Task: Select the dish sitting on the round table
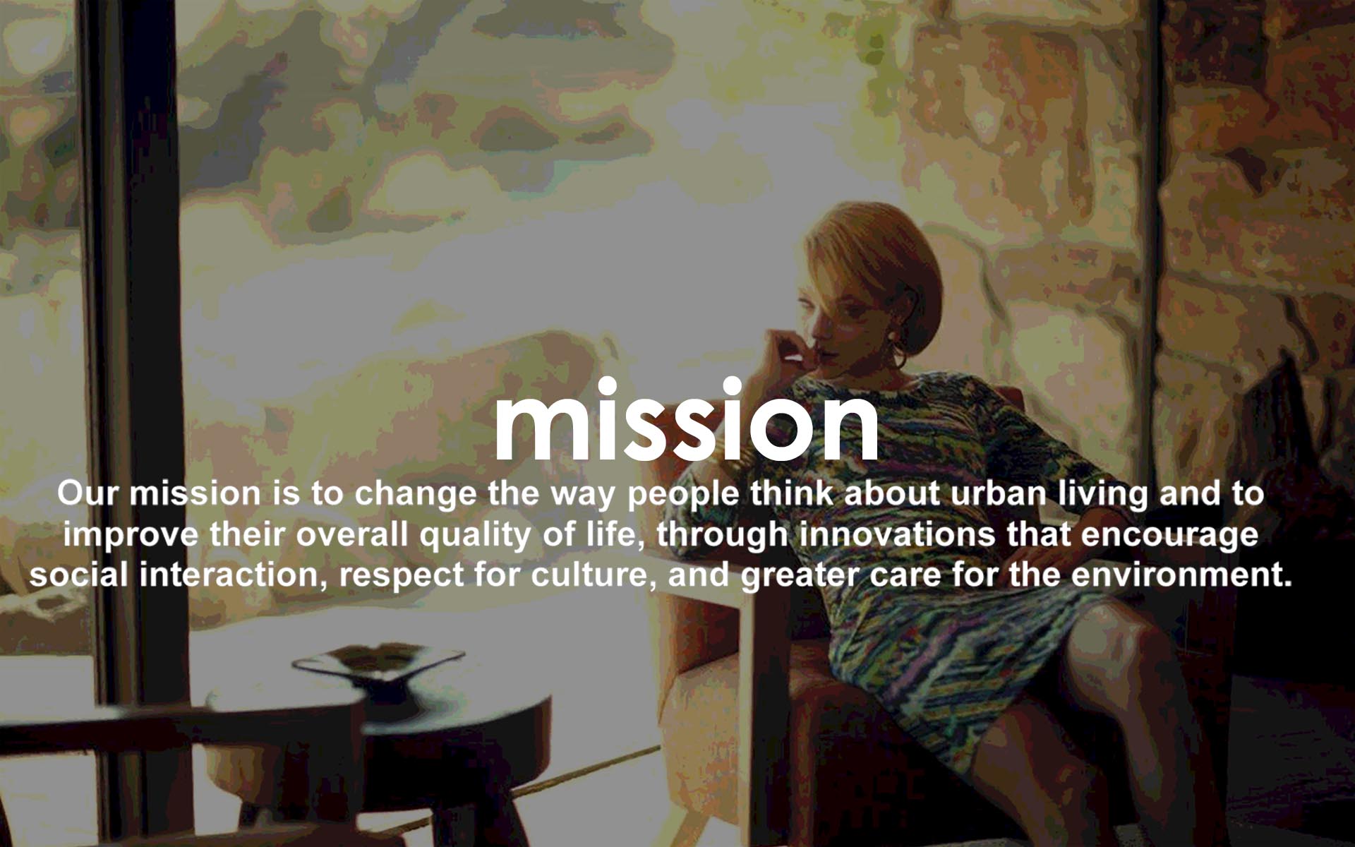[379, 661]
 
